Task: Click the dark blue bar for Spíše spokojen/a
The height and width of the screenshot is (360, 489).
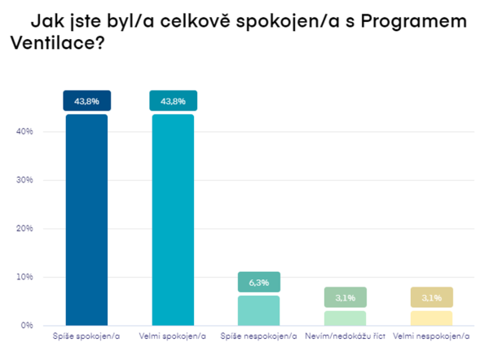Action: click(86, 220)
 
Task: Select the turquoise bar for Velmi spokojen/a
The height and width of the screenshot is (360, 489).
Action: click(172, 220)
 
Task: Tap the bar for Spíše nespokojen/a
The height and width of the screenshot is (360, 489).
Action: click(258, 310)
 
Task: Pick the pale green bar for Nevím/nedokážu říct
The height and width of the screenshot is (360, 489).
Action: click(345, 318)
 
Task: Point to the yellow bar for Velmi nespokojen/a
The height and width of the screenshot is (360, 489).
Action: click(431, 318)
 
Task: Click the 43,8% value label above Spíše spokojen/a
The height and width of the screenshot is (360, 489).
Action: click(86, 101)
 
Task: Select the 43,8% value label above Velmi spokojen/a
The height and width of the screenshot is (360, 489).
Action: click(172, 101)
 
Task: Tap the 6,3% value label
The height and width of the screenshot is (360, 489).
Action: click(258, 283)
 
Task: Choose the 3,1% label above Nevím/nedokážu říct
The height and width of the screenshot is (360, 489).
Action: click(345, 297)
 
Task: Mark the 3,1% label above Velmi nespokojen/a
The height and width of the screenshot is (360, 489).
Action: click(431, 297)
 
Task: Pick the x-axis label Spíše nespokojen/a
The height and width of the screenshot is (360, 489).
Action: click(258, 336)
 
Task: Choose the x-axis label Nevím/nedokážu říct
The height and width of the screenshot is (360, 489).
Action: click(345, 336)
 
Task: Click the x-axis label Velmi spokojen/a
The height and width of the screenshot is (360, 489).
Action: click(172, 336)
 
